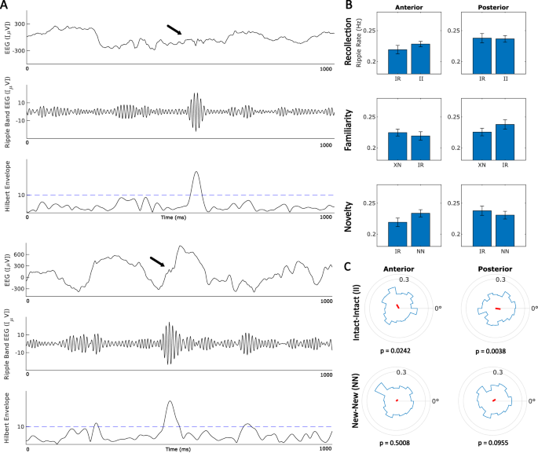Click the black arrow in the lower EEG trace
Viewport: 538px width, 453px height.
coord(157,261)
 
